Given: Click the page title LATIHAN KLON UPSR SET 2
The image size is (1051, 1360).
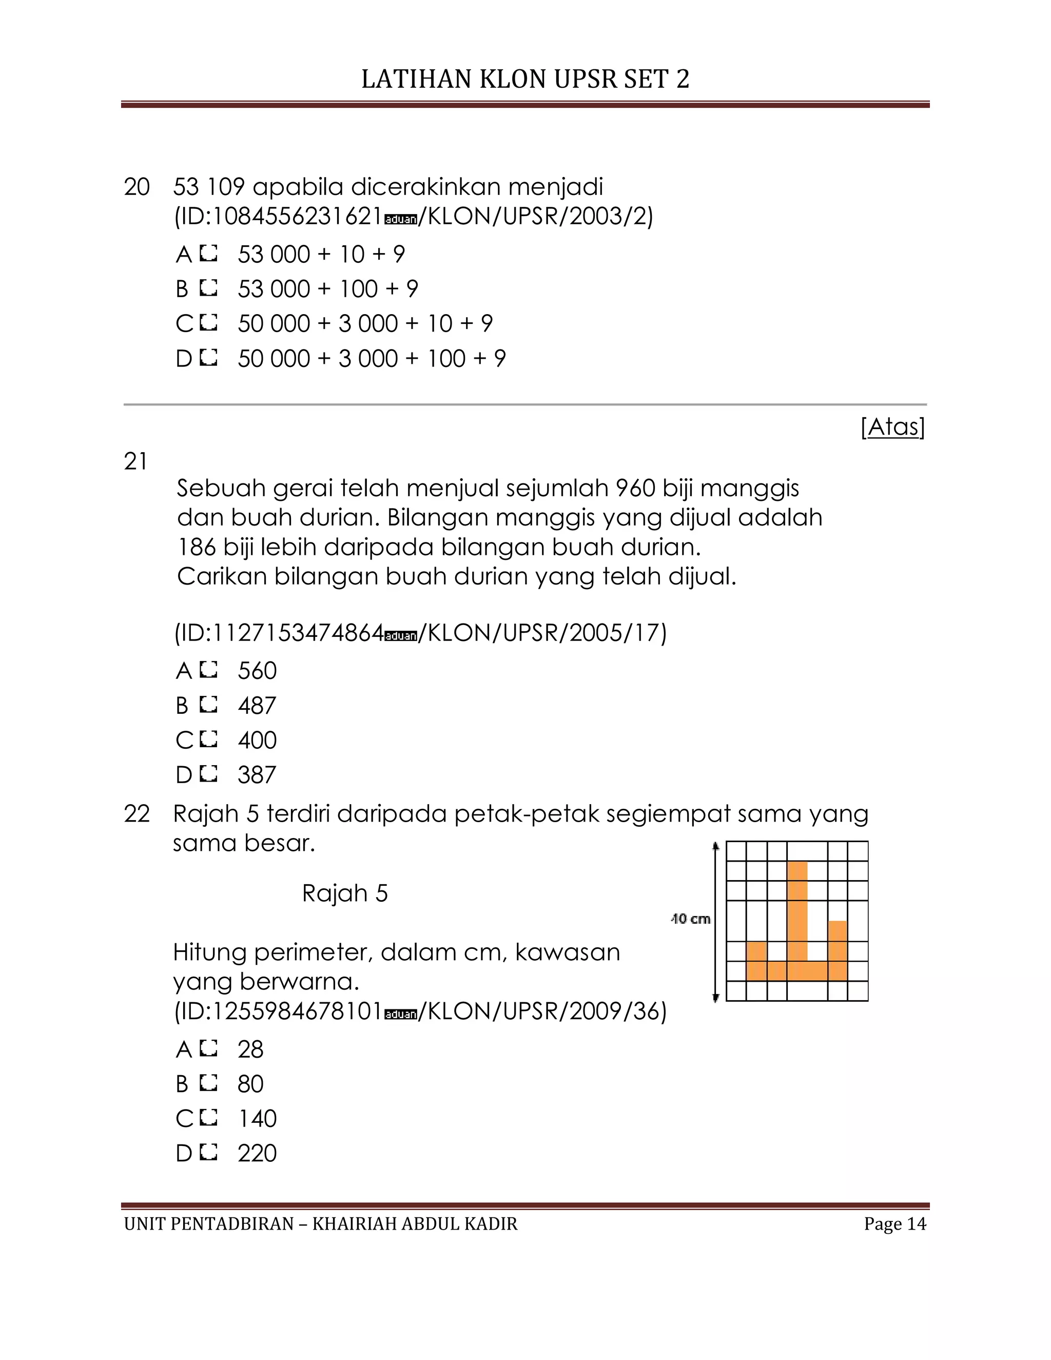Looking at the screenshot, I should click(x=525, y=79).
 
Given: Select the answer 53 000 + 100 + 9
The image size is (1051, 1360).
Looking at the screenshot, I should click(x=327, y=289).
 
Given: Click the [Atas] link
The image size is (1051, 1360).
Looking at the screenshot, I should click(x=893, y=426).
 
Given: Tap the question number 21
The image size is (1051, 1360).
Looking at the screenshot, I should click(x=135, y=461).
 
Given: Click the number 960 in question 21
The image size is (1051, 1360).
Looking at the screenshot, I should click(x=635, y=488).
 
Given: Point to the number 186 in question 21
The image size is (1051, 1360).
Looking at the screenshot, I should click(x=197, y=548).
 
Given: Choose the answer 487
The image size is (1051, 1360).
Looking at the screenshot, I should click(x=257, y=706).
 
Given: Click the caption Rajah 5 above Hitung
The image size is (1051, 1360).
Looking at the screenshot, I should click(x=344, y=893).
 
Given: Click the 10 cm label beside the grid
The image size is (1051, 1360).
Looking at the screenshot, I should click(x=691, y=919).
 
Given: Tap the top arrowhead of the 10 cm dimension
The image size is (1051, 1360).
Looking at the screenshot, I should click(x=716, y=846).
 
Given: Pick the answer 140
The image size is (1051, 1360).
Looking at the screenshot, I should click(x=257, y=1119).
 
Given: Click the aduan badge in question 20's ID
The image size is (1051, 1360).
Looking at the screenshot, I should click(x=400, y=219).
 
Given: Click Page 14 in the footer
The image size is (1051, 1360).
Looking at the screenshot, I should click(x=894, y=1224).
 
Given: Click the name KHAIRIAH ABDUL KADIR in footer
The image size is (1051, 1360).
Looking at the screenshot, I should click(x=415, y=1224).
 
